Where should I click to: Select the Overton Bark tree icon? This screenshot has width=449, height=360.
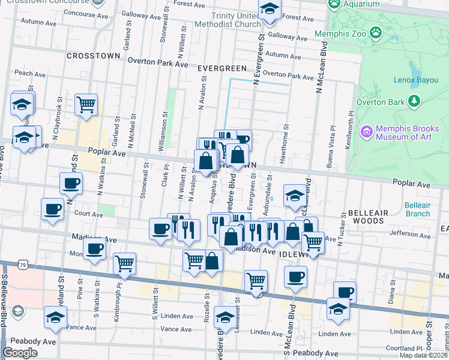point(414,102)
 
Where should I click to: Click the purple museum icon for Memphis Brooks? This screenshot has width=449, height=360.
point(365,130)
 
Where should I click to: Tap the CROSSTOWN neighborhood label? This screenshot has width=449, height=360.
point(94,56)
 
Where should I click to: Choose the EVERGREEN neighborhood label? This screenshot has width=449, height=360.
point(222,69)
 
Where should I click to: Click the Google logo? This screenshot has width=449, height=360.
point(20,353)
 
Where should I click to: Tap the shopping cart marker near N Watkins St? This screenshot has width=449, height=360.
point(86,104)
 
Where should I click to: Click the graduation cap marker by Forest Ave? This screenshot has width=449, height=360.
point(270,11)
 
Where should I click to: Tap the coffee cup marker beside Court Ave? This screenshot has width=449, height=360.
point(53,209)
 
